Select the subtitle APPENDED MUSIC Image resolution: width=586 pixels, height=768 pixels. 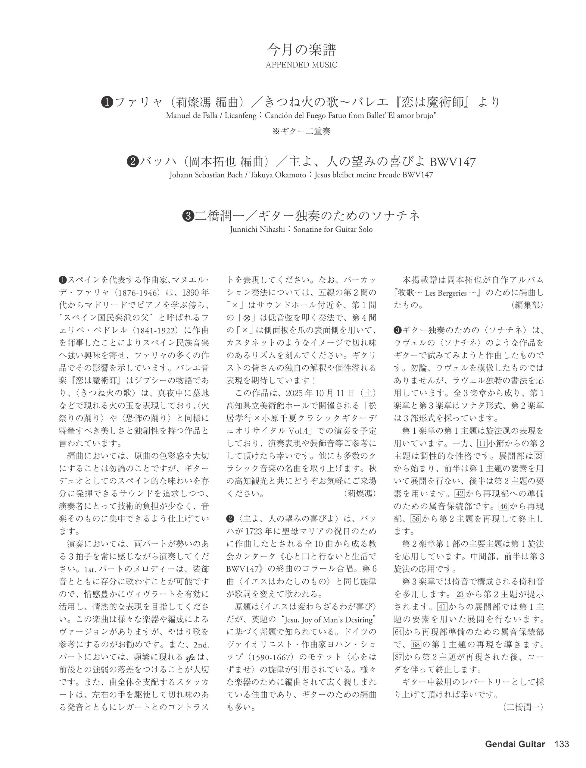coord(301,65)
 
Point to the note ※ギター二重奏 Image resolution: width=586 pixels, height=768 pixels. coord(301,131)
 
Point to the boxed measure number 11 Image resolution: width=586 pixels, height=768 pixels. coord(482,444)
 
